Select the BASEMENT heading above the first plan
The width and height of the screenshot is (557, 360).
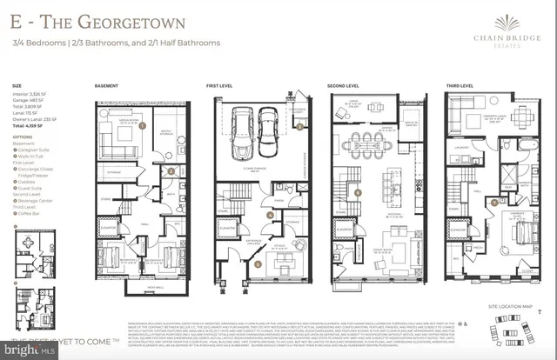pyautogui.click(x=108, y=87)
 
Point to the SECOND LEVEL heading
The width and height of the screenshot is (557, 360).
pyautogui.click(x=345, y=87)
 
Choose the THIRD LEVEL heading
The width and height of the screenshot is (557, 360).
pyautogui.click(x=460, y=87)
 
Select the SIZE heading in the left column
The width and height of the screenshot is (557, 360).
pyautogui.click(x=17, y=86)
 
